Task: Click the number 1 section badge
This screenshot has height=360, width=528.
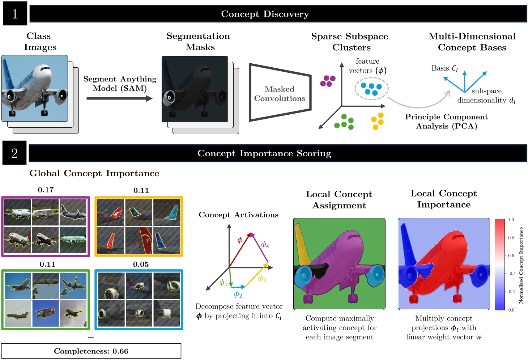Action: click(x=15, y=14)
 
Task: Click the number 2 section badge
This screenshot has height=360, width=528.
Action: click(x=14, y=153)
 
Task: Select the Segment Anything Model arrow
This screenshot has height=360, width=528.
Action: click(x=119, y=98)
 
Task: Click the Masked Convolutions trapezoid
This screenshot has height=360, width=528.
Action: click(x=280, y=93)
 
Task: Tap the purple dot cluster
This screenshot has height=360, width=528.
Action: click(x=328, y=81)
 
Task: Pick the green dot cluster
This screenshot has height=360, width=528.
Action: click(x=344, y=122)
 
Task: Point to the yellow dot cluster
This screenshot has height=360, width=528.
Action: click(x=378, y=121)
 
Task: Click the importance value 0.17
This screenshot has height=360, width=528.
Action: click(x=46, y=190)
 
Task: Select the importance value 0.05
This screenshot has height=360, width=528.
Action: click(x=141, y=264)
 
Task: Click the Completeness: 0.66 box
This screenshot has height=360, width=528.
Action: click(x=91, y=351)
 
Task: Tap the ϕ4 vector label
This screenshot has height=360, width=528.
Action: click(x=265, y=245)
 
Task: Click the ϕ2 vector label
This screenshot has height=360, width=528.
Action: click(x=238, y=295)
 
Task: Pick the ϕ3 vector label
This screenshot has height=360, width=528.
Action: click(x=262, y=279)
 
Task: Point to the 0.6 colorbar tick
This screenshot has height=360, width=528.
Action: click(x=511, y=255)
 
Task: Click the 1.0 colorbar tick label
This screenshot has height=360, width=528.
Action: click(x=511, y=220)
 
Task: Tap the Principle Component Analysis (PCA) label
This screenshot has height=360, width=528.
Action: click(x=446, y=122)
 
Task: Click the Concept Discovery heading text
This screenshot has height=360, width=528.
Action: click(x=265, y=14)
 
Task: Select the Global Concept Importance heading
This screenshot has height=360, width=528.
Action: click(x=94, y=173)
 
